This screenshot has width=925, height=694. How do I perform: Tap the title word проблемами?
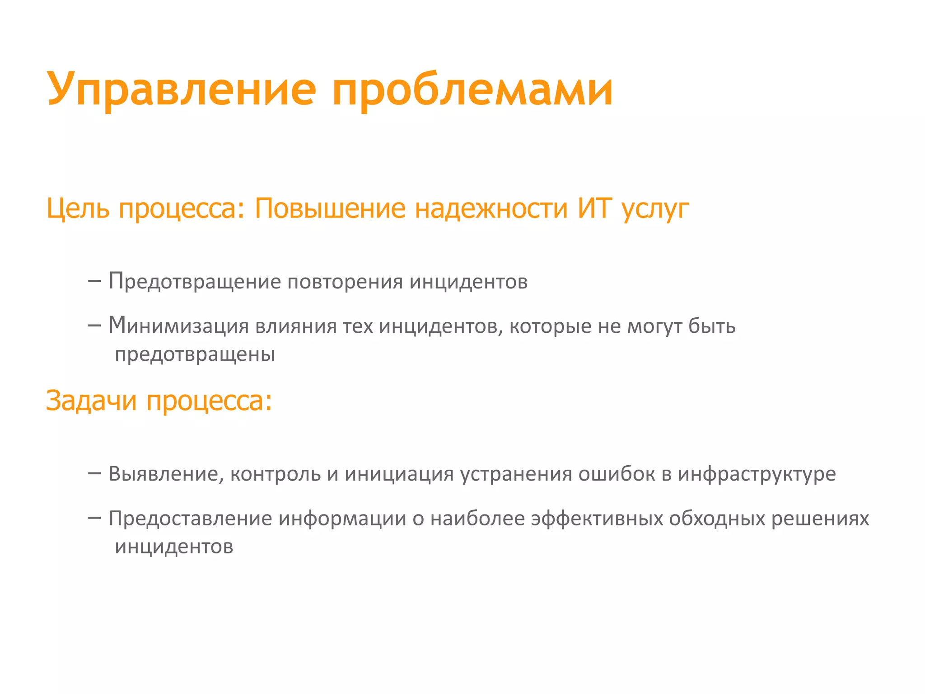click(472, 89)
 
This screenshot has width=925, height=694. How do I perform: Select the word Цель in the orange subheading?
click(78, 208)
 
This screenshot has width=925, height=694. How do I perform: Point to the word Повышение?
click(330, 208)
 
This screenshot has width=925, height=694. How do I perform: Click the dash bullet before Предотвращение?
click(94, 281)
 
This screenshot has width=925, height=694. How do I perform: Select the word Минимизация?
click(178, 326)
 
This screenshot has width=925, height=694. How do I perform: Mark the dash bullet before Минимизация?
click(94, 326)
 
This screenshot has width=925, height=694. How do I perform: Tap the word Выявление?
click(166, 474)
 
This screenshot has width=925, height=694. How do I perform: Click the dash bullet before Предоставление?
click(94, 518)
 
